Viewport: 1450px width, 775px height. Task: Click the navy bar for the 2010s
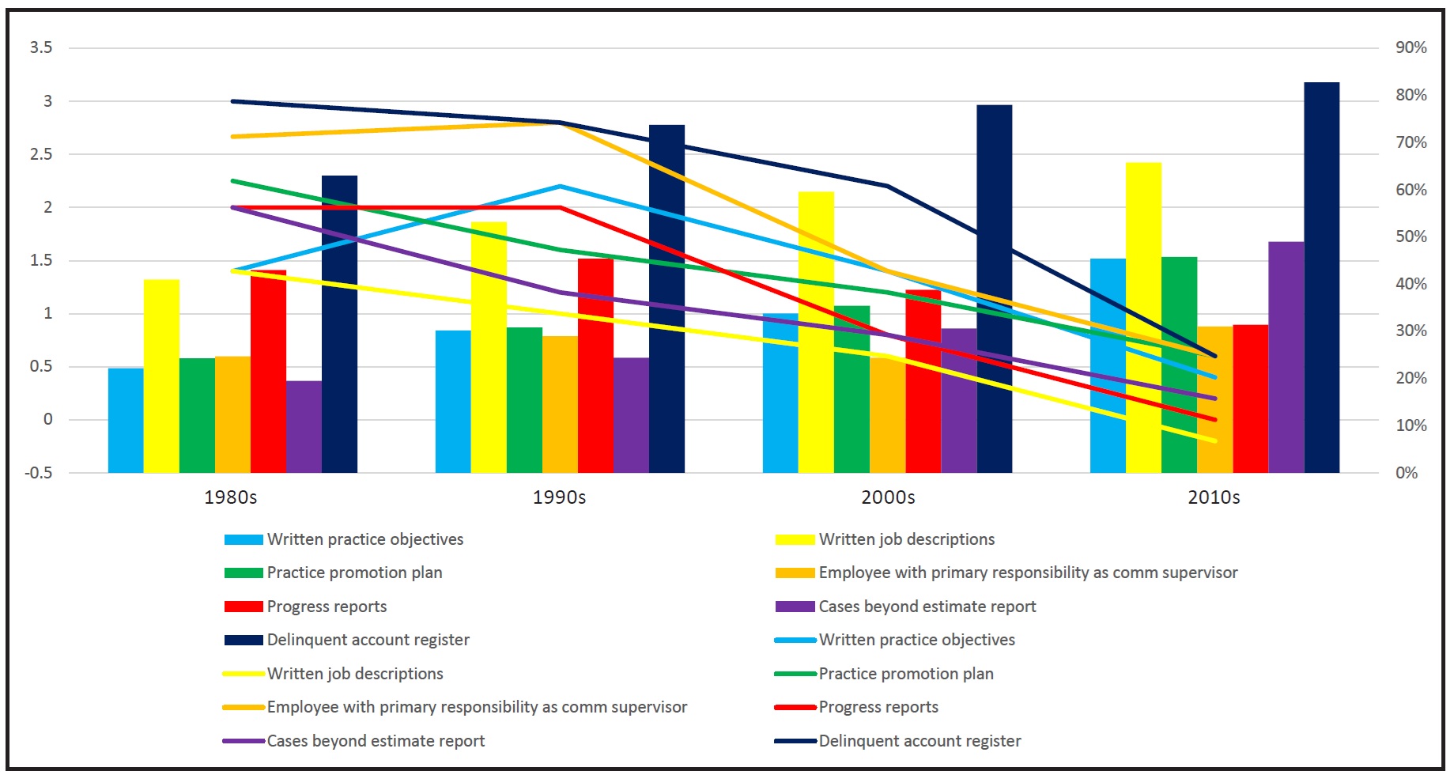click(x=1321, y=277)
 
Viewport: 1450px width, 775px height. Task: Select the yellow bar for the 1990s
click(x=489, y=348)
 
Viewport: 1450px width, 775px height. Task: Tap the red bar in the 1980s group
click(x=268, y=372)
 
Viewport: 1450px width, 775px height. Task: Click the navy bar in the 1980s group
click(x=339, y=324)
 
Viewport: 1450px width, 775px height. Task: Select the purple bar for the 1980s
click(x=304, y=427)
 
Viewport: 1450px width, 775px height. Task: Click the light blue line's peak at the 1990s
click(x=560, y=187)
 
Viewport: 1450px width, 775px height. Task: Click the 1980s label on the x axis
click(x=231, y=497)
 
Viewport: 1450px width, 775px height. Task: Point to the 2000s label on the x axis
click(x=888, y=497)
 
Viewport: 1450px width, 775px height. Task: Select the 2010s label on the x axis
click(x=1214, y=497)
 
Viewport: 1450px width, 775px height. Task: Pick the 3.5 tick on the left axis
click(x=41, y=47)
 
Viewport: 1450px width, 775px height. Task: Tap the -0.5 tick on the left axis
click(x=38, y=473)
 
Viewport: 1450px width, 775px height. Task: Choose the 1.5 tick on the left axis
click(x=41, y=260)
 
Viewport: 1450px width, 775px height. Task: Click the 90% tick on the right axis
click(x=1411, y=47)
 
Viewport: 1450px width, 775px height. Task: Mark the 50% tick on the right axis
click(x=1411, y=236)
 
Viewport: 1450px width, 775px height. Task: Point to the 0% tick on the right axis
click(x=1407, y=473)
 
